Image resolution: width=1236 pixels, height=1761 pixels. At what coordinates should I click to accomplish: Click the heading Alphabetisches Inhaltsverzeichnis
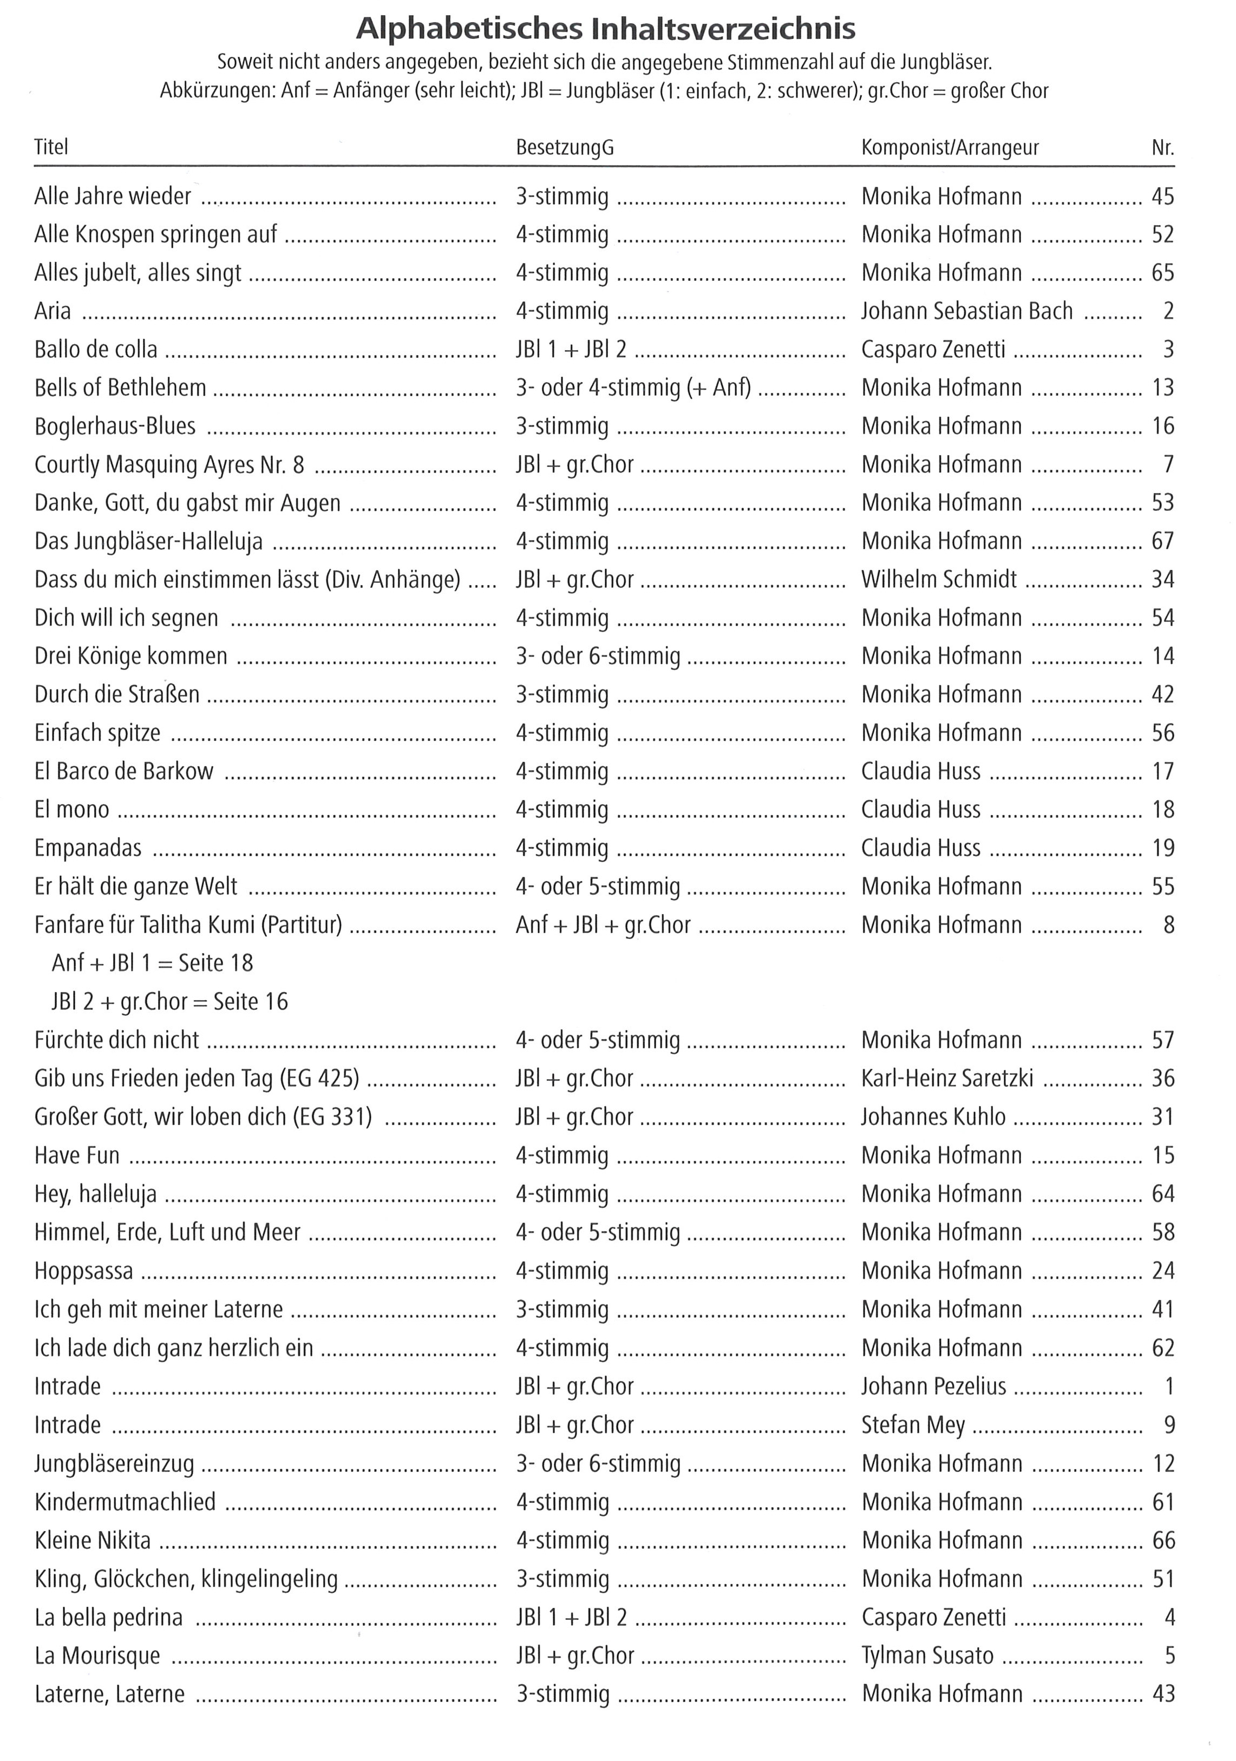[605, 29]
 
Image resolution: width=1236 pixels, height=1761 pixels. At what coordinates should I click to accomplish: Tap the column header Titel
[51, 147]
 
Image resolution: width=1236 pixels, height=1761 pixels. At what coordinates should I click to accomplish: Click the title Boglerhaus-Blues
[115, 426]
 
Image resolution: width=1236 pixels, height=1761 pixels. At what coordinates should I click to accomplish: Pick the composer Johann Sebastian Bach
[967, 311]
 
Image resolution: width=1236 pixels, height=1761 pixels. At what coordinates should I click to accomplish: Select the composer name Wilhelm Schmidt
[939, 580]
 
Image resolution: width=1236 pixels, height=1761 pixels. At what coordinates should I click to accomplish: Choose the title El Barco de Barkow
[123, 772]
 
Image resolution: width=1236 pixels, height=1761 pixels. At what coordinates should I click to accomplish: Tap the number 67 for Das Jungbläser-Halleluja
[1162, 542]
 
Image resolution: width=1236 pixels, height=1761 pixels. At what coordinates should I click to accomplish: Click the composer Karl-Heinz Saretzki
[947, 1079]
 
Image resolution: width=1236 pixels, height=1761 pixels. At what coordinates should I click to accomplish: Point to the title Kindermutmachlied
[125, 1502]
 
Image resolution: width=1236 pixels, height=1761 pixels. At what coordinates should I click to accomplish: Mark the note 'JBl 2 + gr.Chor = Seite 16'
[169, 1002]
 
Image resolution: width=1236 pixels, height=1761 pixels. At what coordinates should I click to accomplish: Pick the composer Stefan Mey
[913, 1425]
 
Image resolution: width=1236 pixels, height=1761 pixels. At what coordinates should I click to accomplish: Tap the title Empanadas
[88, 848]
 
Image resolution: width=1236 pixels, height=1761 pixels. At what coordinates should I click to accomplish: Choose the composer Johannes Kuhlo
[933, 1118]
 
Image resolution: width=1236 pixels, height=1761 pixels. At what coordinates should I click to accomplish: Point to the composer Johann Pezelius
[934, 1387]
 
